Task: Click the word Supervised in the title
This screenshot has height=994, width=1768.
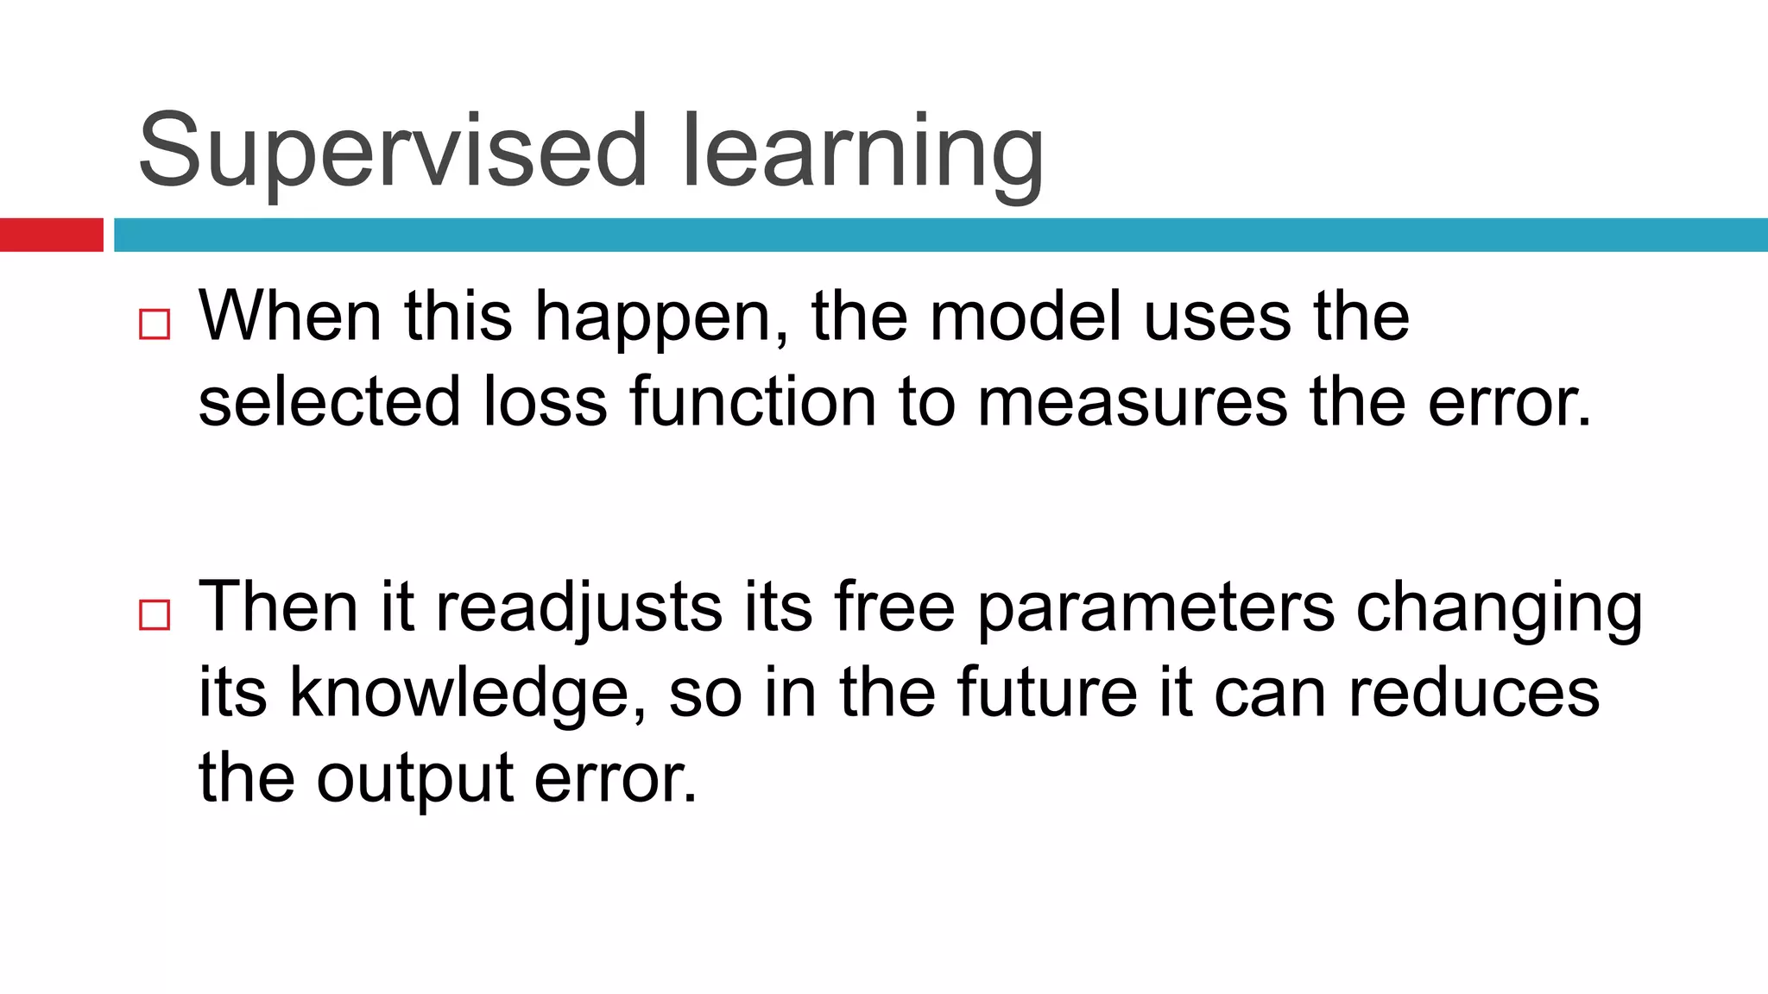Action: [x=393, y=151]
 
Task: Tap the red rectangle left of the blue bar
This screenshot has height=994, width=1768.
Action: [x=51, y=235]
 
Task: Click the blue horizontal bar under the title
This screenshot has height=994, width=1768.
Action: [x=941, y=235]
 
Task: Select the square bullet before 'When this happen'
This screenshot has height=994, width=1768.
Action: [x=155, y=324]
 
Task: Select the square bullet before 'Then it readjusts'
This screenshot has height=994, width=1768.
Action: [x=155, y=615]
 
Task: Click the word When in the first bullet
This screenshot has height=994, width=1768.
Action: [x=290, y=317]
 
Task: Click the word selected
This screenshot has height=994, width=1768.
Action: [x=330, y=402]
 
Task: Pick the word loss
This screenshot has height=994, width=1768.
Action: [x=546, y=402]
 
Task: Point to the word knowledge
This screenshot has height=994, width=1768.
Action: [x=467, y=693]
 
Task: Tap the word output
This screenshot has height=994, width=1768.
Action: [x=415, y=779]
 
